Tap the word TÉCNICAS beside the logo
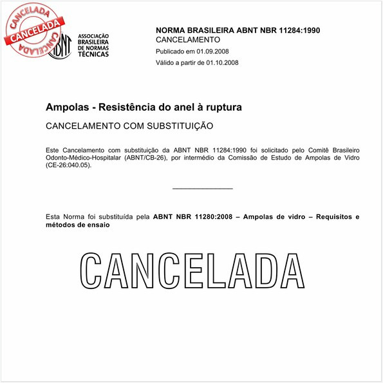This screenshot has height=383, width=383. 93,54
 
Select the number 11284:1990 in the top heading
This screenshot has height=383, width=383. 298,30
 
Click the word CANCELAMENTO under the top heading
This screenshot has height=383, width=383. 188,40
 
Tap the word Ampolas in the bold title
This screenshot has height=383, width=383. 67,106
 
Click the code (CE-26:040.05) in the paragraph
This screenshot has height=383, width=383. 68,165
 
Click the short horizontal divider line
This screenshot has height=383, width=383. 203,189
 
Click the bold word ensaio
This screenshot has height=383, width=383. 95,225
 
